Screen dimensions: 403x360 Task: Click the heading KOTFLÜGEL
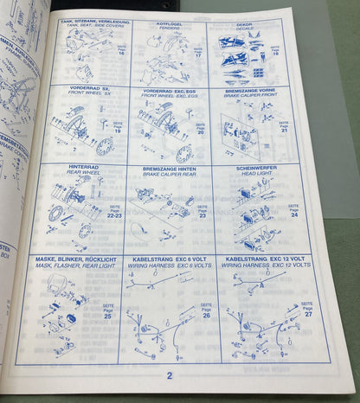pos(174,24)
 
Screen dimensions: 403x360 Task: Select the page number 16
pos(120,54)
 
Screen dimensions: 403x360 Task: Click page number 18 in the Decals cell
pos(276,53)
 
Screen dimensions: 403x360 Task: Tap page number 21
pos(284,131)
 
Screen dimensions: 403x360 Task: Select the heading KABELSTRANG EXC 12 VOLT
pos(259,258)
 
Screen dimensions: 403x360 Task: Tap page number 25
pos(108,317)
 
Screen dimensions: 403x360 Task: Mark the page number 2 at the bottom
pos(170,375)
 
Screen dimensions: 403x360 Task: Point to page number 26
pos(206,316)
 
